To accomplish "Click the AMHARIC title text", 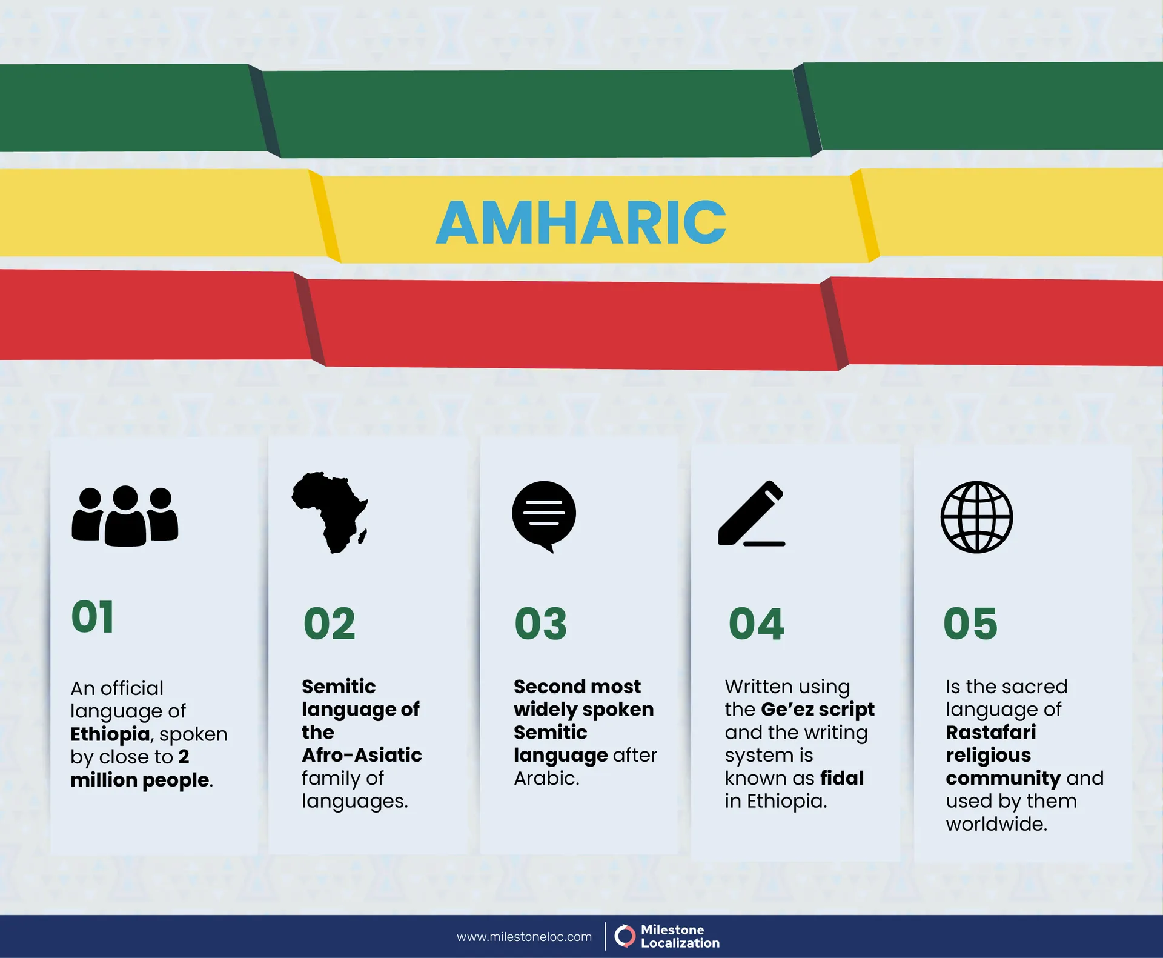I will pos(581,222).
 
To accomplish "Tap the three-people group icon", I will pos(125,516).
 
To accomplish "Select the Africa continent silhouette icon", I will pos(330,512).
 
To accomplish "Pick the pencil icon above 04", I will pos(752,514).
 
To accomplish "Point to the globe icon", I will pos(976,517).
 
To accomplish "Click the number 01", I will pos(93,617).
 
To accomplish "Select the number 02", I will pos(329,624).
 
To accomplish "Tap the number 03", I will pos(540,624).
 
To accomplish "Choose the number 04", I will pos(756,624).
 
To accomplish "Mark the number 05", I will pos(970,624).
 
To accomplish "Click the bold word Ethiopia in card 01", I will pos(110,734).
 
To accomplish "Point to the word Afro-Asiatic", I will pos(362,755).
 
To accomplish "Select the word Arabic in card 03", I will pos(546,778).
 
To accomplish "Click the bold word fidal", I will pos(842,778).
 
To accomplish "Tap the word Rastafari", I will pos(990,732).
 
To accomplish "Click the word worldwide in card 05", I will pos(996,824).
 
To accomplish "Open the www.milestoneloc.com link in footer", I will pos(524,937).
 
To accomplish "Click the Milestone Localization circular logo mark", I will pos(625,936).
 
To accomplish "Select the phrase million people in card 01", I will pos(140,780).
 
